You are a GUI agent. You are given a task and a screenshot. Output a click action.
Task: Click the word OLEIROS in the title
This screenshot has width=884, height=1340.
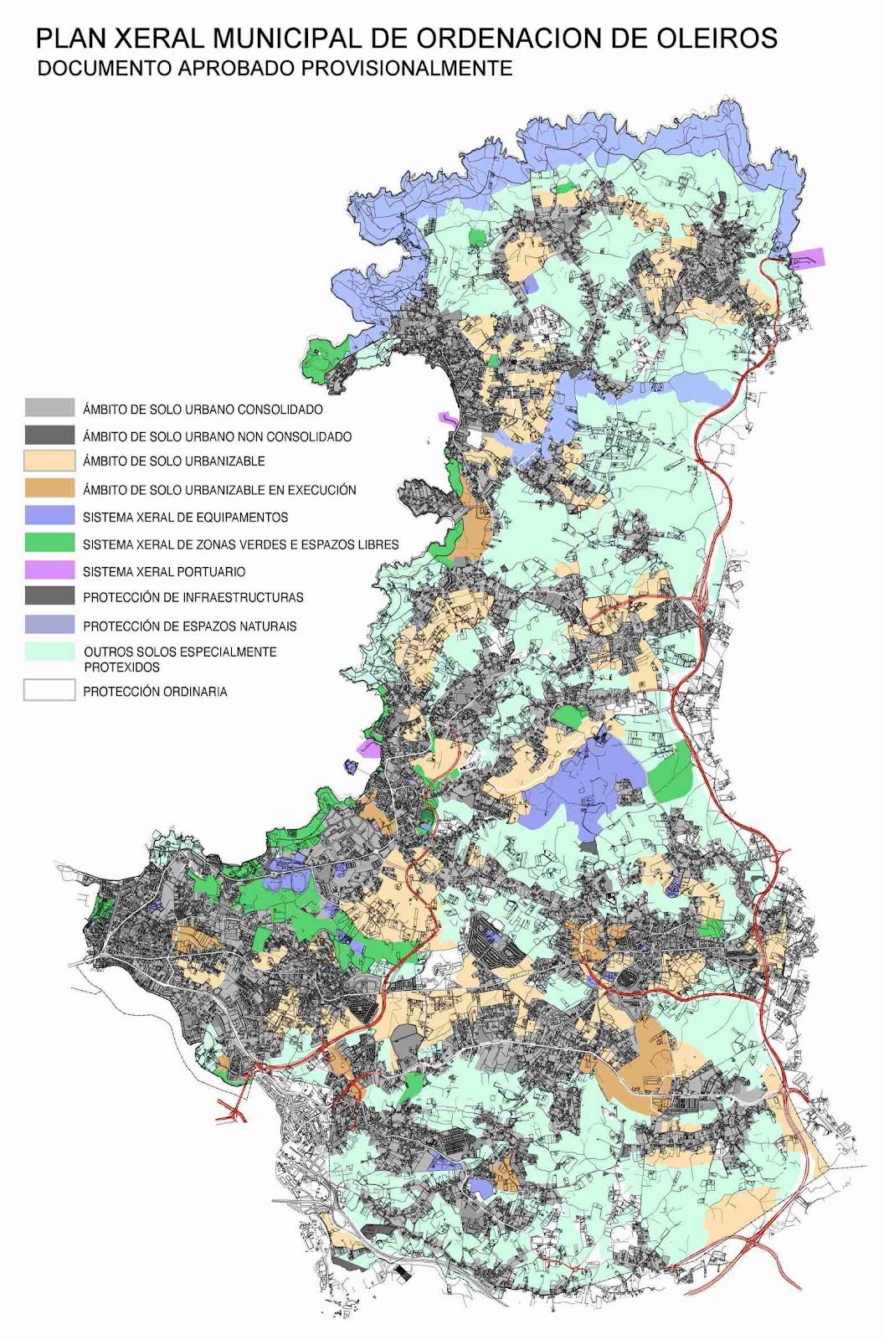pos(718,38)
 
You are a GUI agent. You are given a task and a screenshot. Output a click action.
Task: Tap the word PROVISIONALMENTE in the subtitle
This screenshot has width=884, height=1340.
pos(407,69)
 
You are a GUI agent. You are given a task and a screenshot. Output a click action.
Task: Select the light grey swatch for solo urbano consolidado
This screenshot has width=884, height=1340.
pos(49,409)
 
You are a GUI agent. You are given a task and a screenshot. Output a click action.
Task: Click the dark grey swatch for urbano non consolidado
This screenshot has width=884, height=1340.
pos(49,435)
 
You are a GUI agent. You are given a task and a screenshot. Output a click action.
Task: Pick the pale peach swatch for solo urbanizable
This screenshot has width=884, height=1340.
pos(49,461)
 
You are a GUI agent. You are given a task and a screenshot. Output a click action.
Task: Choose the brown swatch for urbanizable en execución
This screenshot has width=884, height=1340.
pos(49,489)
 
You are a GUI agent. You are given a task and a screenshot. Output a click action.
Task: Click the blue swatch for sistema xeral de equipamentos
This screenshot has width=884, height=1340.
pos(49,516)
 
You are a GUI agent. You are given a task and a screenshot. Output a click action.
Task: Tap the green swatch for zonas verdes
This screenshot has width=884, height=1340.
pos(49,544)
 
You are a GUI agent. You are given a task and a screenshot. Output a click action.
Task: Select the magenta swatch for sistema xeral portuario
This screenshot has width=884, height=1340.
pos(49,570)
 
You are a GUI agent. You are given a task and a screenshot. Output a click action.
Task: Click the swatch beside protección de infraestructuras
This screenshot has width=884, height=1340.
pos(49,596)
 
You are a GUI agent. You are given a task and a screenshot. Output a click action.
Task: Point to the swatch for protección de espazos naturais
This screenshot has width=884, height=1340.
pos(49,625)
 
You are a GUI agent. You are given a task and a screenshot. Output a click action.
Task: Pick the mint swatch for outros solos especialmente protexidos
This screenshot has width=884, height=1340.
pos(49,652)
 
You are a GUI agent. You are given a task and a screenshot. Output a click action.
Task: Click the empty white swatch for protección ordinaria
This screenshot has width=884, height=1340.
pos(49,691)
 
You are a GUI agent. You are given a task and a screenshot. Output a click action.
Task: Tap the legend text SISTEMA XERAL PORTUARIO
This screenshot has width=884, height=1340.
pos(164,571)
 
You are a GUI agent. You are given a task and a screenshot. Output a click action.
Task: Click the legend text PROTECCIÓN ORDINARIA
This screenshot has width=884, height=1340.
pos(155,692)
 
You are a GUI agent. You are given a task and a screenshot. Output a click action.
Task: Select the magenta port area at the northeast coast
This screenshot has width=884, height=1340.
pos(809,258)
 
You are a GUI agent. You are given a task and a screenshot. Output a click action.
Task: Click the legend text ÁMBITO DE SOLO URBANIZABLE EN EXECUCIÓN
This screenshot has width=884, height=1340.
pos(219,490)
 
